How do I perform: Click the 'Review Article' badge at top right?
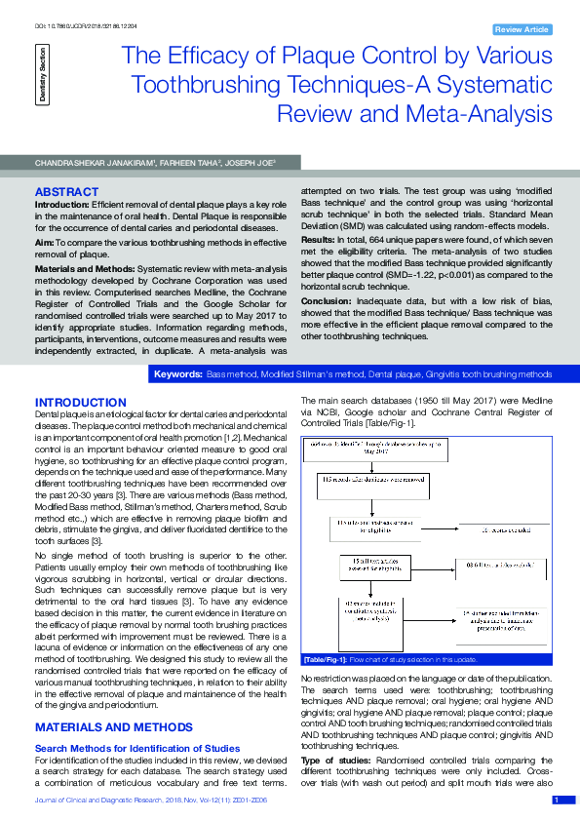(522, 30)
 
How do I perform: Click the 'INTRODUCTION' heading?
(80, 403)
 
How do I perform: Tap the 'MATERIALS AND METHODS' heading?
(108, 727)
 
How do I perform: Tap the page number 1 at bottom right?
(557, 801)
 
